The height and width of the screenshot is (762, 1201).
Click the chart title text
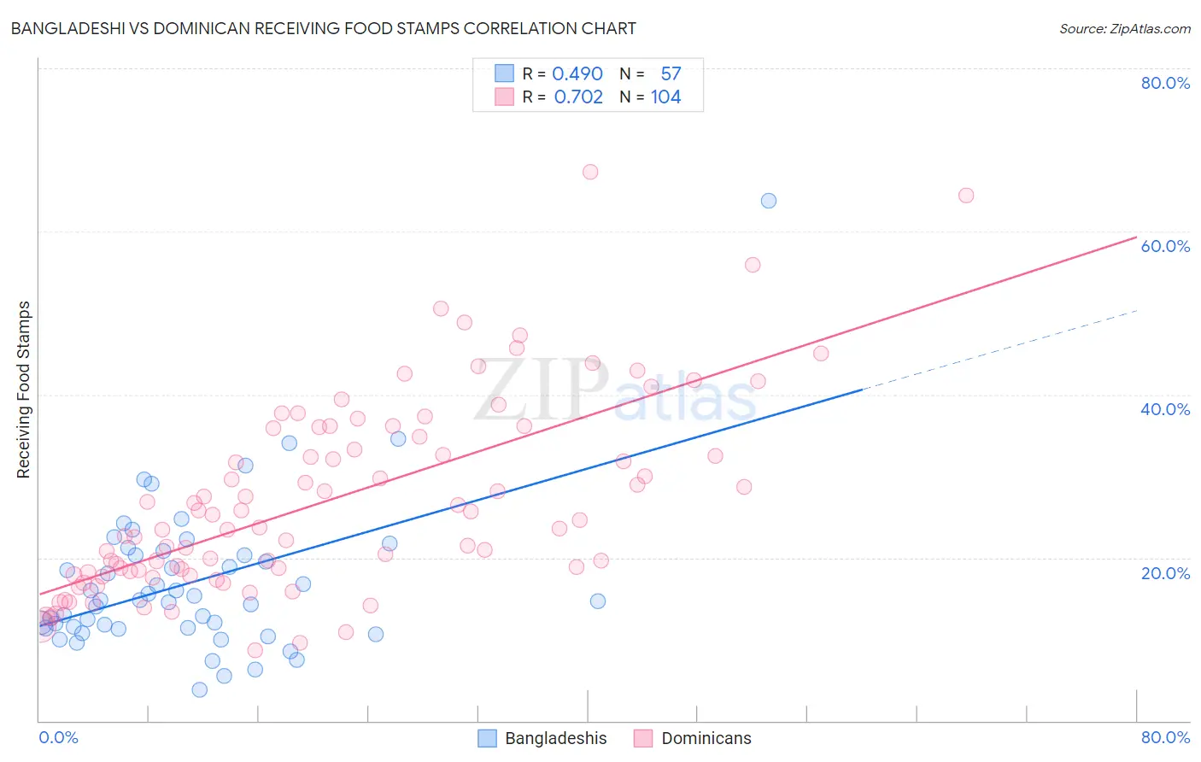(x=323, y=28)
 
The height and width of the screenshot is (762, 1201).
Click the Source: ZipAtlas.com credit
(x=1124, y=28)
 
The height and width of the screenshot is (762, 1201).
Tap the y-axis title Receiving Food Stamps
(x=24, y=390)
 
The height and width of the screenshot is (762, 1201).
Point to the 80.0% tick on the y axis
(x=1165, y=83)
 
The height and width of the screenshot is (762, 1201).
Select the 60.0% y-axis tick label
(x=1165, y=246)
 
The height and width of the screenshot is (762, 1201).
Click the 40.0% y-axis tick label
(x=1165, y=409)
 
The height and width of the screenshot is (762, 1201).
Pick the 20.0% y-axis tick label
(x=1165, y=573)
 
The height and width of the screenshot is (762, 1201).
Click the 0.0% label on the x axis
(x=58, y=737)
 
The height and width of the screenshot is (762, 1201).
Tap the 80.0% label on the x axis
(x=1165, y=737)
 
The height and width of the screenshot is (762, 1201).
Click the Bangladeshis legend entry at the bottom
(x=542, y=738)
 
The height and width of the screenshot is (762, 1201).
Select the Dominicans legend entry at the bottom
(x=693, y=738)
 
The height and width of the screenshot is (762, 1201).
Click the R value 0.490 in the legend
(x=577, y=74)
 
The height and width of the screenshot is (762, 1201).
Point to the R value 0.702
(x=578, y=97)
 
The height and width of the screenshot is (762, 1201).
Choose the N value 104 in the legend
(x=666, y=97)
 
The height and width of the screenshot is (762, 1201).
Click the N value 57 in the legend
(x=671, y=74)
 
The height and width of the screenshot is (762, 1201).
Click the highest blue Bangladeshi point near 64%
(x=769, y=201)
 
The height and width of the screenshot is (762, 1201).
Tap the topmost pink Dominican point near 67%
(x=590, y=172)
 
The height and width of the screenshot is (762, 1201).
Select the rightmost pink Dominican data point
(x=966, y=196)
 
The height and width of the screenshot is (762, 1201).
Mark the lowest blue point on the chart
(x=200, y=689)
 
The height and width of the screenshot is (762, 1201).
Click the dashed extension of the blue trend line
(x=999, y=349)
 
